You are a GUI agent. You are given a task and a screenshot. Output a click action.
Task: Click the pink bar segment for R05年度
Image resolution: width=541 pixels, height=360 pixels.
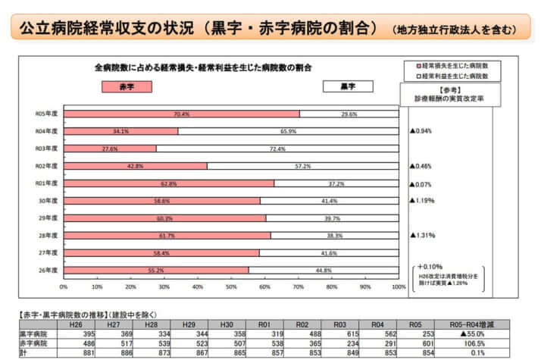click(181, 114)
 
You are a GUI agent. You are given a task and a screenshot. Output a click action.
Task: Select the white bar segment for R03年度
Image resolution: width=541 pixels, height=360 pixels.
click(277, 149)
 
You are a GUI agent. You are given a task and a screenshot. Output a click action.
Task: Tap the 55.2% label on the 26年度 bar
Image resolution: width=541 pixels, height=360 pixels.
click(157, 270)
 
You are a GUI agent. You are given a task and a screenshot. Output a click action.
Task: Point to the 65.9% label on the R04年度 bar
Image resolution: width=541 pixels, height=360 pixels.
click(288, 131)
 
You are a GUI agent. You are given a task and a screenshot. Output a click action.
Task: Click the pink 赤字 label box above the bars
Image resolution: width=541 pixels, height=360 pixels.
click(127, 86)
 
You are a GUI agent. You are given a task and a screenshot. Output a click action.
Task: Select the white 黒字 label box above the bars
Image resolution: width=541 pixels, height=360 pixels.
click(348, 86)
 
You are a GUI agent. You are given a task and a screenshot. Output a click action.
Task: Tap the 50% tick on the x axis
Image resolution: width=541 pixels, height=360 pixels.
click(230, 287)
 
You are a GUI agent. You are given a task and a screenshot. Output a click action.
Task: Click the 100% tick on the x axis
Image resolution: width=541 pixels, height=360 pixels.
click(397, 287)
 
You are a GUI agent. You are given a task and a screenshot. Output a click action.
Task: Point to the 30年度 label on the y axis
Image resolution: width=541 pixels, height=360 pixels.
click(48, 200)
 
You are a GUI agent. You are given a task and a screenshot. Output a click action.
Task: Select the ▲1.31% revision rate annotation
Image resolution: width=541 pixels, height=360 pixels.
click(424, 235)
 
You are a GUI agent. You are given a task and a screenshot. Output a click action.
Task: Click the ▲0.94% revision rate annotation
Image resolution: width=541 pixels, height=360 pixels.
click(422, 130)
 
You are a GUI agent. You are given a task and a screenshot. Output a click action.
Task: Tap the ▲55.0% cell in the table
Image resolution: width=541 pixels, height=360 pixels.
click(477, 333)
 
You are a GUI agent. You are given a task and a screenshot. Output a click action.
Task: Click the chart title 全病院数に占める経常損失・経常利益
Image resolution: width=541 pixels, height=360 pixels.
click(205, 67)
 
